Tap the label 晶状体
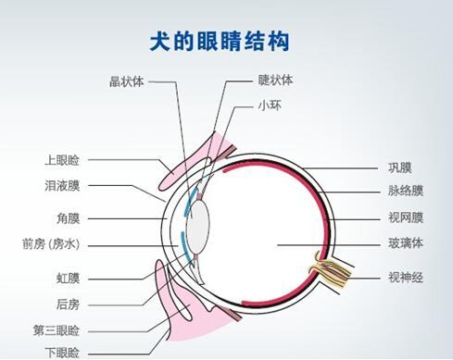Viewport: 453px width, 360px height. tap(125, 81)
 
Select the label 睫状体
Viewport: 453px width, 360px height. tap(275, 81)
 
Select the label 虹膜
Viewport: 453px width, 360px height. tap(68, 278)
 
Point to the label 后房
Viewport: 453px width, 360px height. tap(68, 304)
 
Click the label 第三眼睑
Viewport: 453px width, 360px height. tap(56, 329)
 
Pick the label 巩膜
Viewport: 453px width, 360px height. tap(398, 168)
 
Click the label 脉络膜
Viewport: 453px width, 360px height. tap(404, 192)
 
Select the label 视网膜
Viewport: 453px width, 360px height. tap(404, 218)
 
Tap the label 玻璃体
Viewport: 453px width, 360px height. tap(404, 244)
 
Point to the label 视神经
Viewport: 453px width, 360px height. tap(404, 278)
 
